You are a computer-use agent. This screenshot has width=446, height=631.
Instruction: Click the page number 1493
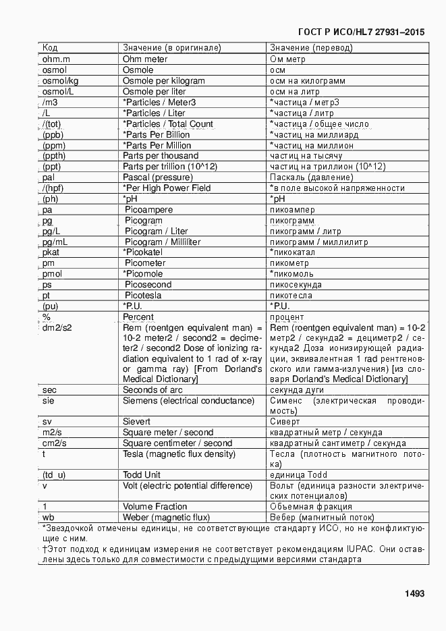414,594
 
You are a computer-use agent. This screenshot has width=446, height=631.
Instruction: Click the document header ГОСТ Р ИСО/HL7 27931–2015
361,32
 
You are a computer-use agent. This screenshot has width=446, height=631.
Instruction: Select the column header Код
50,48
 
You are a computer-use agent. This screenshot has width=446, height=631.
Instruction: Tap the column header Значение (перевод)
311,48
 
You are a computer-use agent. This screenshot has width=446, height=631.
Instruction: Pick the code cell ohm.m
57,59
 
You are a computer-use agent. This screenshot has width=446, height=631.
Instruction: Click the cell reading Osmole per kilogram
163,80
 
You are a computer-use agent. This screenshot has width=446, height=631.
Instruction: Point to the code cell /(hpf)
56,188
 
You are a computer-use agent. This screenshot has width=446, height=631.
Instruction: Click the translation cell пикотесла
291,296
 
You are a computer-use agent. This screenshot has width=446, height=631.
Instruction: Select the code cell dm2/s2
57,328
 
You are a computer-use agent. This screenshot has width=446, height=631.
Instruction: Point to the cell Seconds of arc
152,389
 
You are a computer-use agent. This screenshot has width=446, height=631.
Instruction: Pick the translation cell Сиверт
284,422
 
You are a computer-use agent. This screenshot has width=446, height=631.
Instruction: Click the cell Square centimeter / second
177,443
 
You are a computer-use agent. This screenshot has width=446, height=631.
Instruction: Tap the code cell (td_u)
54,474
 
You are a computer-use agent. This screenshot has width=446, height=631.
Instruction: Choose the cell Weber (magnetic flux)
162,517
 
